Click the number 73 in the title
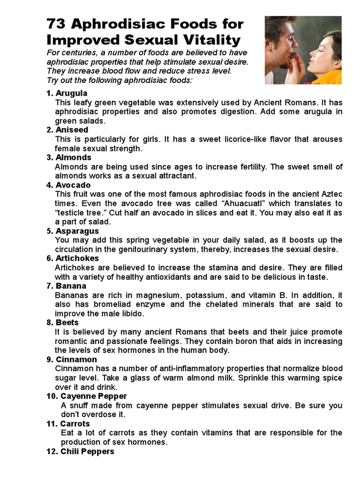point(57,24)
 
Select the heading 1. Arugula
point(67,93)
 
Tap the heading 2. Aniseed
point(67,130)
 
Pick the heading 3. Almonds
point(69,157)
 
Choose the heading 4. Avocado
point(68,185)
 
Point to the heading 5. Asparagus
point(73,231)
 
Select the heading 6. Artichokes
point(73,258)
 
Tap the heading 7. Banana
point(67,286)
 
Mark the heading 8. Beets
point(63,322)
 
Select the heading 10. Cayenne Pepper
point(87,396)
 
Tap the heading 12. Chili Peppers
point(80,451)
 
